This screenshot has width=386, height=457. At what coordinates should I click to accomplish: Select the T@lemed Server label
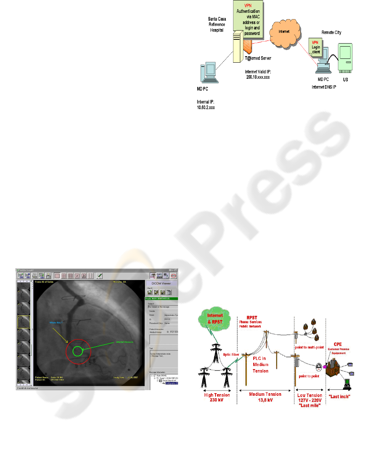tap(258, 58)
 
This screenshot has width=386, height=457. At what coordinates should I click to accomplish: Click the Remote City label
tap(331, 32)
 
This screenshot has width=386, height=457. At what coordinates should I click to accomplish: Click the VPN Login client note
tap(316, 47)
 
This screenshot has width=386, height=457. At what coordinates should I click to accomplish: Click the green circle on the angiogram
tap(77, 351)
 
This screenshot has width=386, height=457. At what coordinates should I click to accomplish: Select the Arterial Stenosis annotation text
tap(124, 342)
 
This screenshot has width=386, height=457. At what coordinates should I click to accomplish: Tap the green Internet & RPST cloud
tap(215, 319)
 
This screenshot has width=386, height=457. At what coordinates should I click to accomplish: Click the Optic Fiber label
tap(231, 355)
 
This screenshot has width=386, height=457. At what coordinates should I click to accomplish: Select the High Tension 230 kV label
tap(217, 397)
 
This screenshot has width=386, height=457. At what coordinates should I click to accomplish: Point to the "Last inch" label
tap(339, 397)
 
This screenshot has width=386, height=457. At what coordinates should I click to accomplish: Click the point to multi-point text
tap(309, 347)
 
